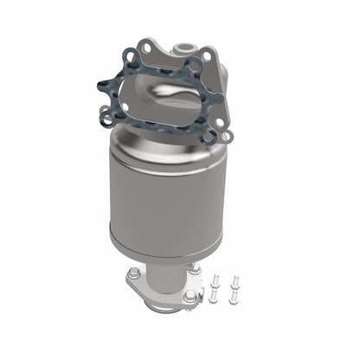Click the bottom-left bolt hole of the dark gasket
click(107, 112)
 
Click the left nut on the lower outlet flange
click(134, 274)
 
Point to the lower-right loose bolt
click(235, 296)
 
